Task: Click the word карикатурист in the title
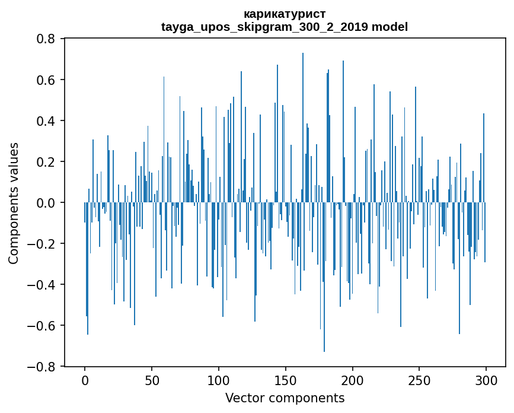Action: coord(285,14)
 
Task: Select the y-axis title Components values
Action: coord(14,203)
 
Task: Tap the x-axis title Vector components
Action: coord(285,398)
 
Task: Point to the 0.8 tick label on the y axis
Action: coord(47,39)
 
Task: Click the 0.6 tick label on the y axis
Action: coord(47,80)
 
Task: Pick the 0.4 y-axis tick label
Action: coord(47,120)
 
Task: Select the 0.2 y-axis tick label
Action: coord(47,161)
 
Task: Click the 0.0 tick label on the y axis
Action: coord(47,203)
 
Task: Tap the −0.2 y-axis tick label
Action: coord(43,244)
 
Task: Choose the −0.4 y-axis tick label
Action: coord(43,285)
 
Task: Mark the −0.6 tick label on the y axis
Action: coord(43,326)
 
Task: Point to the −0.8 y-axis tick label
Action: coord(43,367)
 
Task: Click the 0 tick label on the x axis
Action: coord(85,380)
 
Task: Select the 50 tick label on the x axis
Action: coord(152,380)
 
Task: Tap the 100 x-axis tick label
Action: coord(219,380)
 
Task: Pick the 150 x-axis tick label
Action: coord(286,380)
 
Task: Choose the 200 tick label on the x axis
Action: coord(353,380)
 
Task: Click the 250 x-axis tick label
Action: coord(419,380)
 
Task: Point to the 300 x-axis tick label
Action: coord(486,380)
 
